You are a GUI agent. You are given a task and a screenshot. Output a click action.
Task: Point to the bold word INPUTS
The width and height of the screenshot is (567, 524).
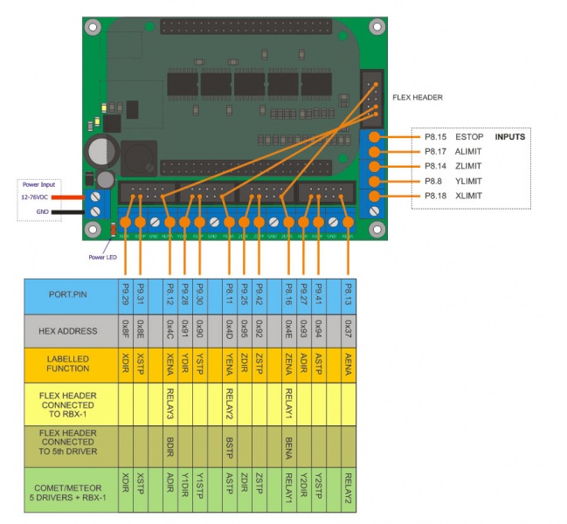[510, 137]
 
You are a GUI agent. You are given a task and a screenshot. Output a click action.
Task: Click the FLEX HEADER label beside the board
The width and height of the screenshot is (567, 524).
[417, 97]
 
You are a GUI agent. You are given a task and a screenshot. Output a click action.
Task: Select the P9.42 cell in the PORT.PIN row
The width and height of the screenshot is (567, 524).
[259, 295]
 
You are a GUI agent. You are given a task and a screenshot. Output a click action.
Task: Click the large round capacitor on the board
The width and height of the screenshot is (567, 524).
[100, 151]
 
